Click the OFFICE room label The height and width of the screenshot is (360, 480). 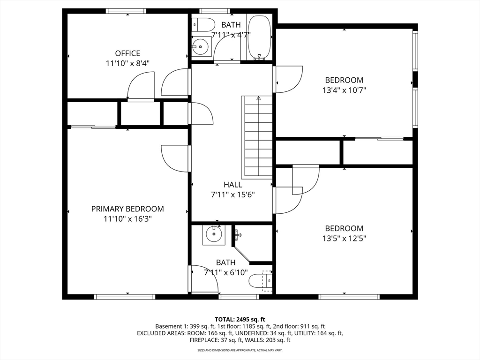[x=127, y=53]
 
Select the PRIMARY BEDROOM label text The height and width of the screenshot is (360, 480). [x=127, y=209]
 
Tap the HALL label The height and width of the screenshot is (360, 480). [x=232, y=185]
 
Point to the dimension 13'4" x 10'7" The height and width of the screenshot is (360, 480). [x=345, y=90]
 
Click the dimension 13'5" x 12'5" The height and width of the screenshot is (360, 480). [x=345, y=238]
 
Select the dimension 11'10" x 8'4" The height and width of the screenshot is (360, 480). [x=127, y=63]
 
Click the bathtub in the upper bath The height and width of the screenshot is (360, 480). [x=259, y=37]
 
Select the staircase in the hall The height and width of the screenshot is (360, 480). [x=257, y=137]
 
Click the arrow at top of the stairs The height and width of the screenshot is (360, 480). [x=259, y=98]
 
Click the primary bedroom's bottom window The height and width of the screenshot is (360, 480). [x=125, y=297]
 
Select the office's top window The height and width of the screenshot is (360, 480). [x=126, y=11]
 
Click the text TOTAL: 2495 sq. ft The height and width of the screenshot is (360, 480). [x=240, y=320]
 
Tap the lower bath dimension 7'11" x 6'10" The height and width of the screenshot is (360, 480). [x=226, y=272]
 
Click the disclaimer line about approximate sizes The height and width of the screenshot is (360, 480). [x=240, y=350]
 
